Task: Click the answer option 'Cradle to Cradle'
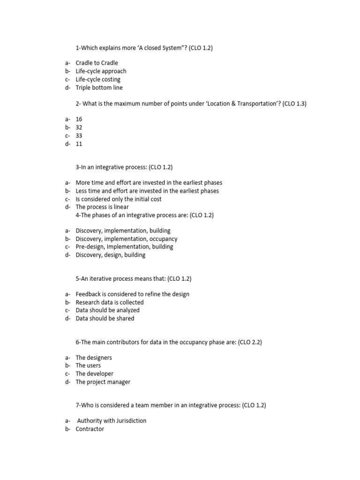(97, 63)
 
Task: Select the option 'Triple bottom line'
(99, 88)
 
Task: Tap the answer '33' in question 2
(79, 135)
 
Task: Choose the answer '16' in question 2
(79, 120)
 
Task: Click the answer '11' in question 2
(79, 144)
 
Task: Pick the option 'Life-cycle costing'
(98, 79)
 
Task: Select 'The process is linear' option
(102, 207)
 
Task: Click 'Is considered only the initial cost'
(119, 199)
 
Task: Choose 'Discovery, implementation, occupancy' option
(127, 239)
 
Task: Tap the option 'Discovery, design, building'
(111, 255)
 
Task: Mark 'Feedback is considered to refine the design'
(133, 294)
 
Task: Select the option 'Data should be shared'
(105, 318)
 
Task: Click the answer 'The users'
(88, 365)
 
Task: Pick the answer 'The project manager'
(103, 382)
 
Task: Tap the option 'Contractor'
(90, 429)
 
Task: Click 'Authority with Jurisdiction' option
(112, 420)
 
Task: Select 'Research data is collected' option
(110, 302)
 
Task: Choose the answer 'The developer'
(95, 374)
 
